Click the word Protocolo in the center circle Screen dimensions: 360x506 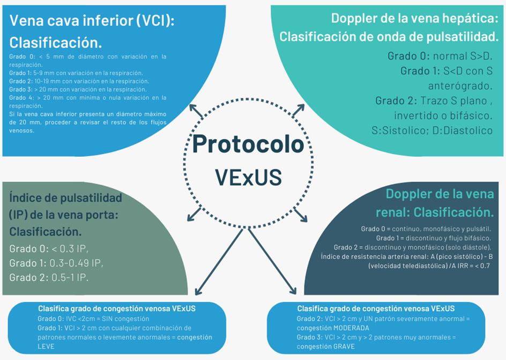point(248,144)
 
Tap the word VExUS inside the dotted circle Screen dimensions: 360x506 point(248,177)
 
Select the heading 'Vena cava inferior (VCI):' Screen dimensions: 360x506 point(92,21)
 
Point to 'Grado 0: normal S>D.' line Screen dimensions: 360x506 point(439,56)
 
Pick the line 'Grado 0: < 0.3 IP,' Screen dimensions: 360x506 point(49,248)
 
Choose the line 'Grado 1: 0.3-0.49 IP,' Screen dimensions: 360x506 point(56,263)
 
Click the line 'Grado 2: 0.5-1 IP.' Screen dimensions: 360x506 point(49,277)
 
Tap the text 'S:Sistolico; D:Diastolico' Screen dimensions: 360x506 point(432,130)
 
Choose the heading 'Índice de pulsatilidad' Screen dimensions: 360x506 point(65,198)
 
